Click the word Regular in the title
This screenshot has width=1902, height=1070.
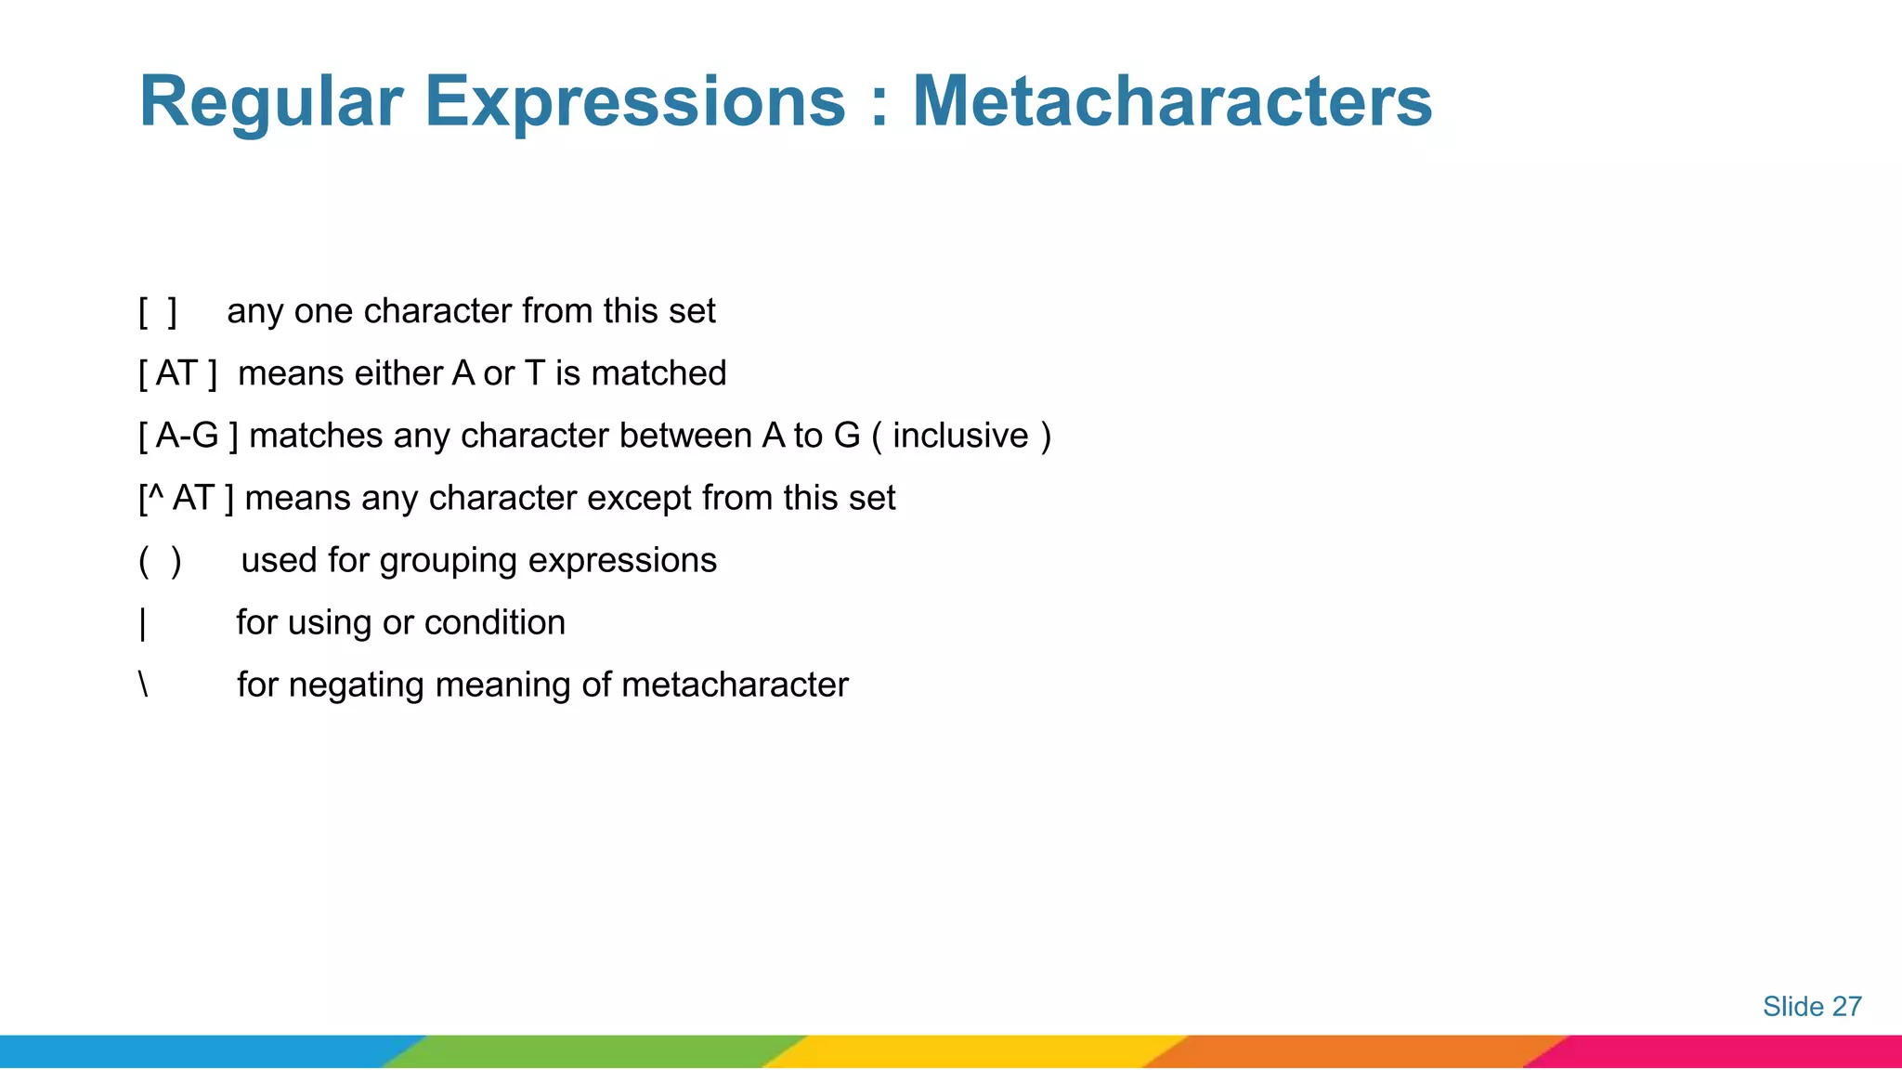(270, 102)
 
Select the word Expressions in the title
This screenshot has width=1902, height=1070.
(635, 102)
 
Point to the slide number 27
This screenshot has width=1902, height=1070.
(1846, 1007)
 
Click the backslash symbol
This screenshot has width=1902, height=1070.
(143, 685)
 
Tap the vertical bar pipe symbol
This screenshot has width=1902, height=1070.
(143, 623)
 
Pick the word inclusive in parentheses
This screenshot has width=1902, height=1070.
(960, 436)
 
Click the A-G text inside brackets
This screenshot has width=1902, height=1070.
(187, 436)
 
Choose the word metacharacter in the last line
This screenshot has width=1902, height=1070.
(735, 685)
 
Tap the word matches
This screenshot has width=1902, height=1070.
(316, 436)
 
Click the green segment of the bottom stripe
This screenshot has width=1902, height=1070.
(594, 1051)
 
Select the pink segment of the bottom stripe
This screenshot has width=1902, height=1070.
(1727, 1051)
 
